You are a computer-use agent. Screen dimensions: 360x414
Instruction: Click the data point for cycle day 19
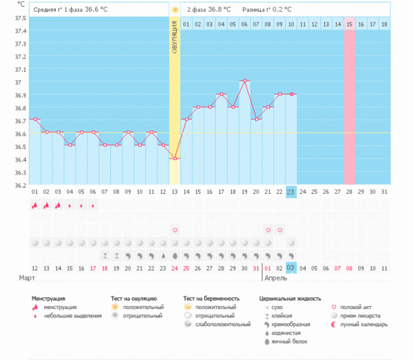click(244, 81)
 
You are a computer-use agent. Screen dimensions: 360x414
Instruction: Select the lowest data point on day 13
click(175, 159)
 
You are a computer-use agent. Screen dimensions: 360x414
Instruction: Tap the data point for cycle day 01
click(34, 119)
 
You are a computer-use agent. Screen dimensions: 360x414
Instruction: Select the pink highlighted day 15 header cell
click(350, 24)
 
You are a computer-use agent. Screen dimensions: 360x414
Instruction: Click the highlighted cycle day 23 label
click(291, 192)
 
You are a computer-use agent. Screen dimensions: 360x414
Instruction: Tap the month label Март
click(27, 278)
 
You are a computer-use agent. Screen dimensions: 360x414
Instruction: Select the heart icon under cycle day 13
click(175, 230)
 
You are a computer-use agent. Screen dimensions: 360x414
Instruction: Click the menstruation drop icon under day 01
click(34, 205)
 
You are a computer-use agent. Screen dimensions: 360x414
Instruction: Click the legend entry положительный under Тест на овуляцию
click(144, 306)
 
